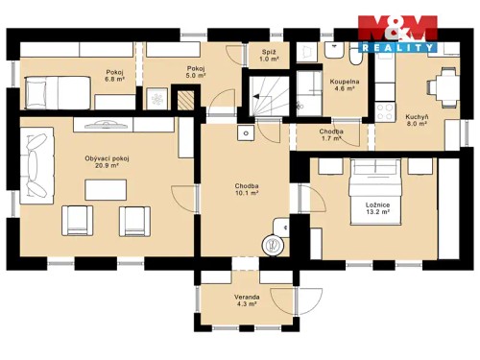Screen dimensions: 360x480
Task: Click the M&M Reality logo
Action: click(x=397, y=33)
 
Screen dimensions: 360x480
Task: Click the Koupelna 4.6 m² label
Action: click(x=345, y=86)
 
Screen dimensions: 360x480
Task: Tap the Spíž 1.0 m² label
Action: click(x=269, y=56)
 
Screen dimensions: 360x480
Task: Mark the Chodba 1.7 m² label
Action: click(x=333, y=134)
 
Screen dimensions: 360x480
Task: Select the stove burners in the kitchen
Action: click(x=388, y=108)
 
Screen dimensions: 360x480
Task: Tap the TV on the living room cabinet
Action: click(x=106, y=124)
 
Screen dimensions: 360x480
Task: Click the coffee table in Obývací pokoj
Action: click(x=106, y=189)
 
